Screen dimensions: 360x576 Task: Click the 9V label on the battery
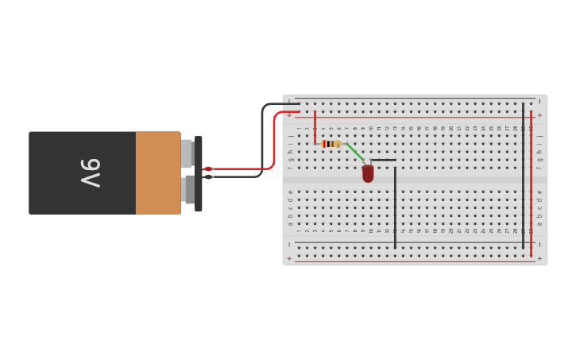[90, 172]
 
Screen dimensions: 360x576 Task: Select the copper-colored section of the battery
[158, 172]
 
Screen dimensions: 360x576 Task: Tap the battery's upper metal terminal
[187, 153]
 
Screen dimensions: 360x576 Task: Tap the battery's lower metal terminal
[189, 190]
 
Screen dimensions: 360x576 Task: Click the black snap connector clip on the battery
[199, 173]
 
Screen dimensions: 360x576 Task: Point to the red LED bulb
[368, 173]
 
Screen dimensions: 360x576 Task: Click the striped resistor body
[332, 144]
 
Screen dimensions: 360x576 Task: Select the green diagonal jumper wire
[355, 152]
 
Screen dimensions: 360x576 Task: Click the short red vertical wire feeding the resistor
[315, 127]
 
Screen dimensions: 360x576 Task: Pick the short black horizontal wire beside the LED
[383, 160]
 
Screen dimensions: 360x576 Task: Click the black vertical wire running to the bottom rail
[395, 207]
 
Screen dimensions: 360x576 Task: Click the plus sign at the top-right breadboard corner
[540, 115]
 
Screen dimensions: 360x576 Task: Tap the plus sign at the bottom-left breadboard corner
[289, 258]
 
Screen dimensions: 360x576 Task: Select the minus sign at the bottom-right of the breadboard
[540, 244]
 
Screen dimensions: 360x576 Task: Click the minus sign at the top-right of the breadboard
[540, 101]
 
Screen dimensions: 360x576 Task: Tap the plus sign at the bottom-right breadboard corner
[540, 258]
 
